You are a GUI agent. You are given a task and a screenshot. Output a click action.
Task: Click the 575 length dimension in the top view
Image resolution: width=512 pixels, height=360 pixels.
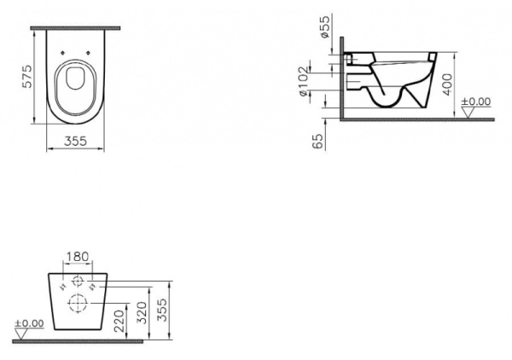[x=27, y=81]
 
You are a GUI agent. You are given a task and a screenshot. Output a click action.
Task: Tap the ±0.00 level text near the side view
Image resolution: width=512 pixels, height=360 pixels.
[x=476, y=102]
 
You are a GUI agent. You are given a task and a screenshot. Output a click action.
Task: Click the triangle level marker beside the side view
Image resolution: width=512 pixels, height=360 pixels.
[x=466, y=112]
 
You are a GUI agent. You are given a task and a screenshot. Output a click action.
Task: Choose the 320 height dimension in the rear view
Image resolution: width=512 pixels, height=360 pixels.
[x=147, y=307]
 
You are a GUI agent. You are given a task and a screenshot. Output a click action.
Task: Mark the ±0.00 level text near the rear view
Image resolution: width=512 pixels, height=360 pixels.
[x=29, y=322]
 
